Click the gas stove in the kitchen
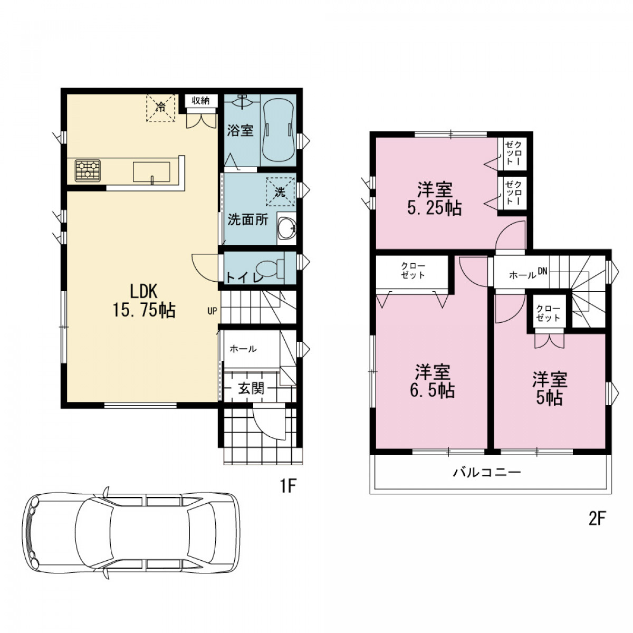pyautogui.click(x=88, y=170)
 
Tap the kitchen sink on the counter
pyautogui.click(x=151, y=171)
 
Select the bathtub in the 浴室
pyautogui.click(x=278, y=130)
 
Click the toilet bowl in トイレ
pyautogui.click(x=270, y=268)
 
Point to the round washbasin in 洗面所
pyautogui.click(x=287, y=228)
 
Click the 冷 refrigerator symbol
pyautogui.click(x=160, y=108)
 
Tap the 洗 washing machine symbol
pyautogui.click(x=280, y=192)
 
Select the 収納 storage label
pyautogui.click(x=200, y=101)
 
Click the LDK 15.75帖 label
pyautogui.click(x=144, y=301)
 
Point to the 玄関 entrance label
pyautogui.click(x=251, y=389)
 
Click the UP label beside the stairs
pyautogui.click(x=212, y=311)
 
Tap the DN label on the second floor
pyautogui.click(x=542, y=271)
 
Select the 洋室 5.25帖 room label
pyautogui.click(x=435, y=198)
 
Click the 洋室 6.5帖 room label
pyautogui.click(x=433, y=381)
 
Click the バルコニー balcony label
pyautogui.click(x=487, y=473)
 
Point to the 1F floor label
pyautogui.click(x=288, y=486)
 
